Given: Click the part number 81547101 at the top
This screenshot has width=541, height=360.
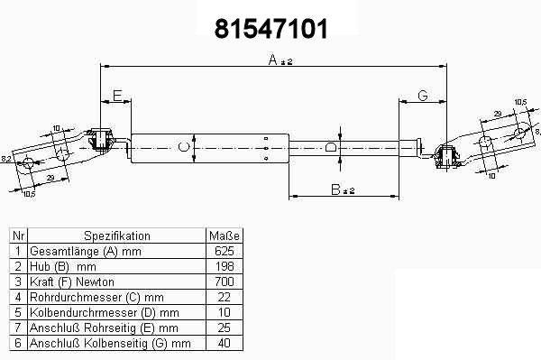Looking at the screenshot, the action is coord(271,29).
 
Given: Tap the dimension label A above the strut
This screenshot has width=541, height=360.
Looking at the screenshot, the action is coord(272,60).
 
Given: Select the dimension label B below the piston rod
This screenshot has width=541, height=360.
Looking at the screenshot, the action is coord(335,189).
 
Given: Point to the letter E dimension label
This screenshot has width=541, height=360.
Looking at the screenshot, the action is coord(117,96).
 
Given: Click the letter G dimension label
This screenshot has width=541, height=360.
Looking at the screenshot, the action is coord(423,96).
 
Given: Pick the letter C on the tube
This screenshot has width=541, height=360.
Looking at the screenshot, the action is coord(184,147).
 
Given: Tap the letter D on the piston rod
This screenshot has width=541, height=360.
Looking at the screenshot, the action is coord(330,147).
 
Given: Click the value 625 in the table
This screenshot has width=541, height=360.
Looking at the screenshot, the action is coord(225,251).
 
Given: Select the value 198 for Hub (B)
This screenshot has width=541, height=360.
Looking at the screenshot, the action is coord(225,266).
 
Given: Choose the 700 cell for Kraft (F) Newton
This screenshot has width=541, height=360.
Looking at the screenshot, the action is coord(225,282).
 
